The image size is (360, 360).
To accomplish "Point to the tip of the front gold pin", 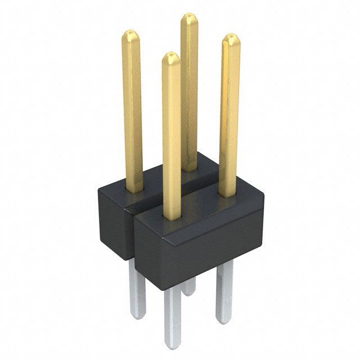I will coord(171,55).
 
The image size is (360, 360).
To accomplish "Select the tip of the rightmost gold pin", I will coord(230,37).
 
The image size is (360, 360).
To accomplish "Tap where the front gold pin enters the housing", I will coord(172,217).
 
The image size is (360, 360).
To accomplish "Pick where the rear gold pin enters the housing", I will coord(190,167).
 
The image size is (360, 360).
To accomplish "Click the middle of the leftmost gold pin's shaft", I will coord(132,112).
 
